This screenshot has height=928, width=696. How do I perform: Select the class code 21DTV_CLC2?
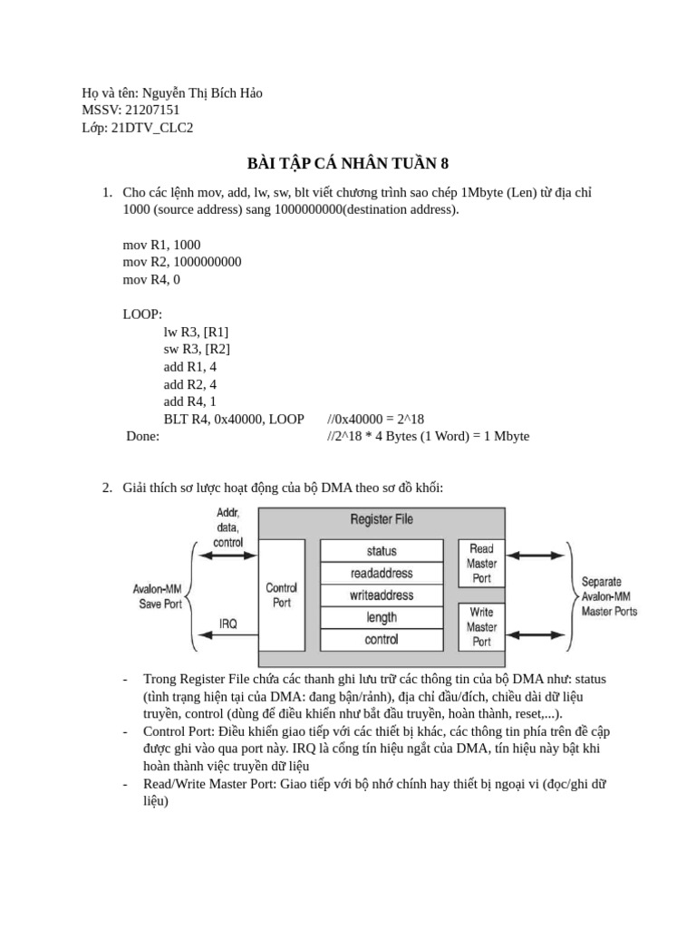[x=151, y=128]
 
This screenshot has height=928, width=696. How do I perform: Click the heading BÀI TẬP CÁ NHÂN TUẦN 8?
[x=348, y=164]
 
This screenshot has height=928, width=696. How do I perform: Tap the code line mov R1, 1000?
[x=161, y=245]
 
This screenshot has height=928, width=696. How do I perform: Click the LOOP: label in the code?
[x=142, y=314]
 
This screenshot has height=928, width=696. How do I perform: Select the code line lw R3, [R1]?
[x=196, y=332]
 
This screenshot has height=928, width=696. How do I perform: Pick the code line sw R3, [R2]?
[x=197, y=349]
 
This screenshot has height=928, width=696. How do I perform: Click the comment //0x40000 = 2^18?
[x=375, y=419]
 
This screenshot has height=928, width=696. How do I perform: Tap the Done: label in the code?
[x=143, y=436]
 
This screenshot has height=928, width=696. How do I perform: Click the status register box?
[x=382, y=551]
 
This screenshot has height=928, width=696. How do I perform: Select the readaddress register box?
[x=382, y=573]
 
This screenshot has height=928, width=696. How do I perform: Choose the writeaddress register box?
[x=382, y=595]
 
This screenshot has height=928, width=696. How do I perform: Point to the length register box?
[x=382, y=617]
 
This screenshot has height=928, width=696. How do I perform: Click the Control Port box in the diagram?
[x=282, y=595]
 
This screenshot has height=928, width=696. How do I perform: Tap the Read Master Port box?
[x=481, y=563]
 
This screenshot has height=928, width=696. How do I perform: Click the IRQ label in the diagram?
[x=228, y=623]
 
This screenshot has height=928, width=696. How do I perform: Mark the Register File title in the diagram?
[x=382, y=519]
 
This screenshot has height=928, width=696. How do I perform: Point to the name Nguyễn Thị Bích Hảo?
[x=201, y=93]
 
